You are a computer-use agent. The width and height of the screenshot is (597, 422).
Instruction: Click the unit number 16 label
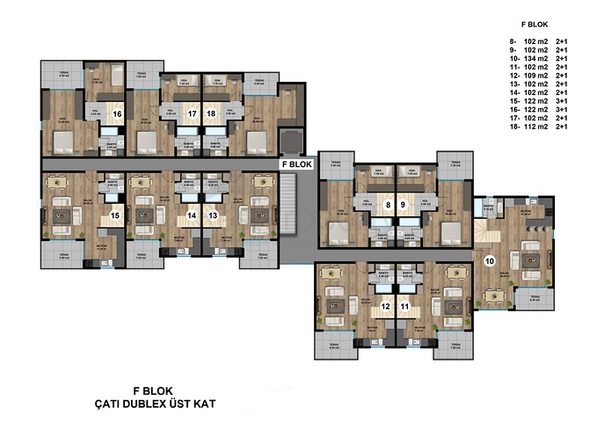pyautogui.click(x=117, y=113)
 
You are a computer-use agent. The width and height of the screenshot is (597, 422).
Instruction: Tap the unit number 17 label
pyautogui.click(x=192, y=113)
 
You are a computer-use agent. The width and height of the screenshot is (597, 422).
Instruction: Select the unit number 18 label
pyautogui.click(x=211, y=113)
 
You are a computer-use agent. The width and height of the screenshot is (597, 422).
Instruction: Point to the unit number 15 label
pyautogui.click(x=114, y=215)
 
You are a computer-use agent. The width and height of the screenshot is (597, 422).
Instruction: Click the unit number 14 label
pyautogui.click(x=193, y=215)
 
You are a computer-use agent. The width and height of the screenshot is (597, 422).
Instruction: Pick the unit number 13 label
pyautogui.click(x=212, y=215)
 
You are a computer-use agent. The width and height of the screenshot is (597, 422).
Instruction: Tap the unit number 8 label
pyautogui.click(x=387, y=206)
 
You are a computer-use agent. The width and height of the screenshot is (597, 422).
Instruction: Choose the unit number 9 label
pyautogui.click(x=403, y=206)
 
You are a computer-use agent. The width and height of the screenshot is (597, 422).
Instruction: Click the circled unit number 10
pyautogui.click(x=490, y=259)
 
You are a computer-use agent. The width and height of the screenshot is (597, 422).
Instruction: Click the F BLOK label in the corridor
pyautogui.click(x=296, y=164)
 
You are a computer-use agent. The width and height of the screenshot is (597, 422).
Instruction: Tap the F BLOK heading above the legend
pyautogui.click(x=535, y=25)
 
